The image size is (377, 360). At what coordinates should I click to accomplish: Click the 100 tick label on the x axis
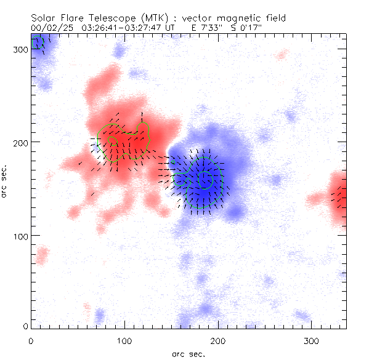point(124,341)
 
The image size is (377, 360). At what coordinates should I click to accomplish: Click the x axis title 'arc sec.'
point(188,354)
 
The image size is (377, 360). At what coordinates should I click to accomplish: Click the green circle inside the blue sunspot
point(206,180)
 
